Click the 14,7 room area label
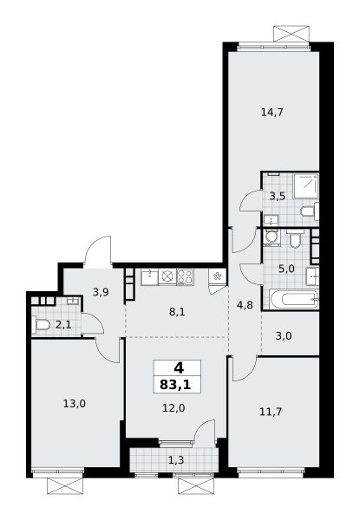272,113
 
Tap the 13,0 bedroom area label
75,404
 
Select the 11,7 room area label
271,412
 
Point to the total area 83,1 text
175,385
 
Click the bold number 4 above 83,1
179,367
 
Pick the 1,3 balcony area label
176,460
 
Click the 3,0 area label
284,336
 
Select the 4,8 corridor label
245,305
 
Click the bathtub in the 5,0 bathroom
295,299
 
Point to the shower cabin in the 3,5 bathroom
305,185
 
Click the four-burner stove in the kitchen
185,276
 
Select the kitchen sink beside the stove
150,277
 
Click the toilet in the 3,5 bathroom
310,211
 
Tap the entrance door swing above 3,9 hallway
98,251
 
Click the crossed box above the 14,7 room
291,34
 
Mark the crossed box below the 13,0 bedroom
65,486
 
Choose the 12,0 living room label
173,408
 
